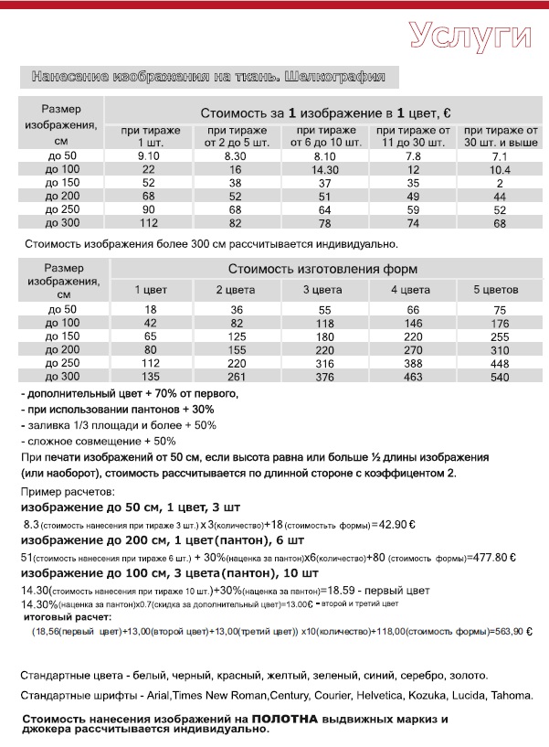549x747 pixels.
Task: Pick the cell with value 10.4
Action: point(500,170)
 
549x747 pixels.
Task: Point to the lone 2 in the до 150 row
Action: point(500,183)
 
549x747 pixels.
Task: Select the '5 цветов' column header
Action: point(500,290)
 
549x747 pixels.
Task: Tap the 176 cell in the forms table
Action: point(500,324)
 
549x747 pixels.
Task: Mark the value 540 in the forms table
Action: point(500,377)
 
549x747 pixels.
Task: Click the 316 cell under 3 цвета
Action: point(323,363)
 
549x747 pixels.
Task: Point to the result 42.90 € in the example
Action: point(396,526)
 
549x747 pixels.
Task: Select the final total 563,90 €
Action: point(510,632)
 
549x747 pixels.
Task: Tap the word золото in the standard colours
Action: point(468,676)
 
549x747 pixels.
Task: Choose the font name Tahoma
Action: point(512,697)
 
